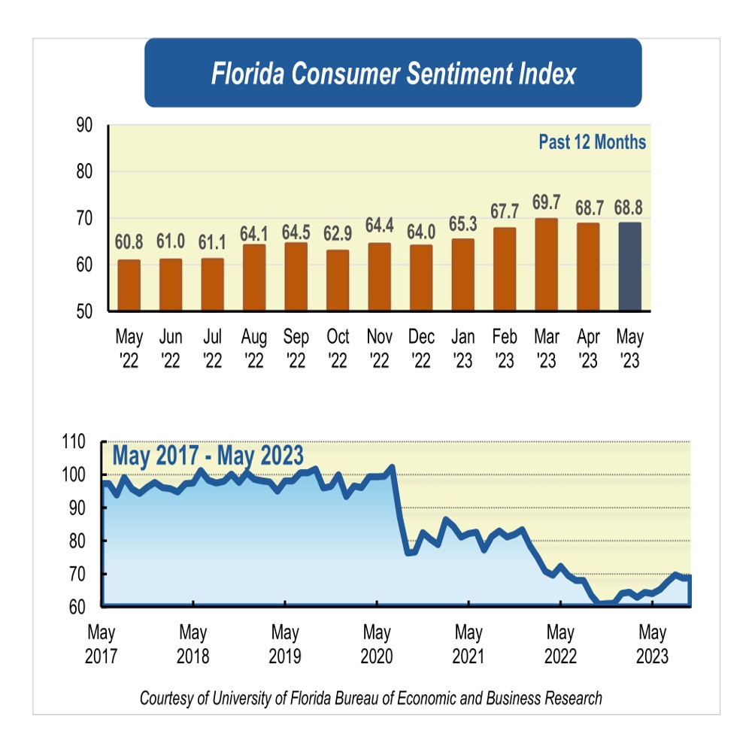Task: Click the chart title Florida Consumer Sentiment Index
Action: tap(393, 74)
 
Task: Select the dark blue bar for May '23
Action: tap(629, 266)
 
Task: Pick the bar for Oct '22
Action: tap(338, 280)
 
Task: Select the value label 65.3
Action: tap(462, 223)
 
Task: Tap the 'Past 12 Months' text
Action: tap(592, 142)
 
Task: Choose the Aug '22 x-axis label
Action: tap(254, 349)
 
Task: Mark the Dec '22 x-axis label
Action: tap(421, 349)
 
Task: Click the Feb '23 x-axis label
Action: tap(505, 349)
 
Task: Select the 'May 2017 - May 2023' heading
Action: tap(208, 456)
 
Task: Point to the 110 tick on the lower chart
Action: tap(78, 442)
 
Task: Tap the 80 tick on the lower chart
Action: tap(82, 541)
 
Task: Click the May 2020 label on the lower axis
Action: tap(377, 643)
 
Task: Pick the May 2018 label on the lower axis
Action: tap(193, 643)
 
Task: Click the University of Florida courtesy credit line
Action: tap(371, 698)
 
